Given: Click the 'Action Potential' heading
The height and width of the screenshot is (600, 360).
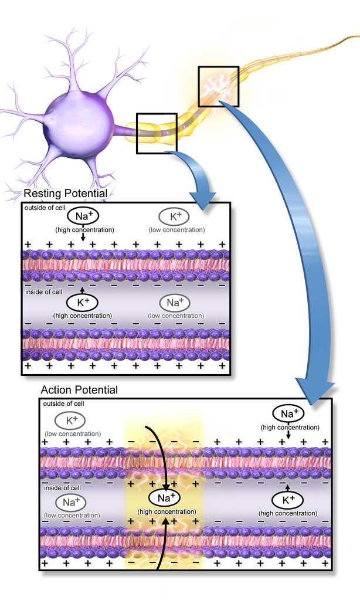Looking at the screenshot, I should [79, 390].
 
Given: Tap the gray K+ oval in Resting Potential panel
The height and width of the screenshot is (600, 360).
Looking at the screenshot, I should [176, 216].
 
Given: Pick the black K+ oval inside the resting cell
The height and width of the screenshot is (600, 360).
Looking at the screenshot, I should [82, 303].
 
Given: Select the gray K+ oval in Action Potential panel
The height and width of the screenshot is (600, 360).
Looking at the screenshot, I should [70, 420].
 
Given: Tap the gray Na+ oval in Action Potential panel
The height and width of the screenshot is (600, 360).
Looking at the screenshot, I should [70, 502].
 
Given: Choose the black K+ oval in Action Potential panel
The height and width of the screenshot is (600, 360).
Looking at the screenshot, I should [287, 500].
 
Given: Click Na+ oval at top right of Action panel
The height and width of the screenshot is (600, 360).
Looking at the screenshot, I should [287, 414].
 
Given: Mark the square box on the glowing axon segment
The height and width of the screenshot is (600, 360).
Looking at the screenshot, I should [218, 86].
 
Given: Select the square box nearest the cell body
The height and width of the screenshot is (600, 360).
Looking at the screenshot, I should [156, 133].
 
